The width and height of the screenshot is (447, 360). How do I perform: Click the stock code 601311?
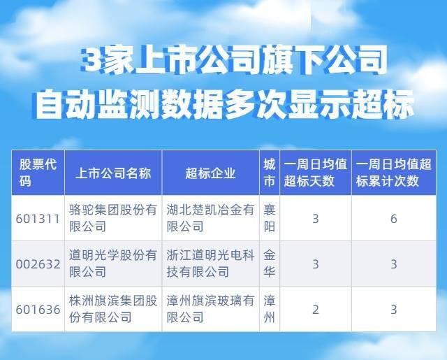pos(36,219)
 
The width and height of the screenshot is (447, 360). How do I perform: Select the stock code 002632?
pos(36,264)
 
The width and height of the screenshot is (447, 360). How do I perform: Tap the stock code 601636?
pos(36,309)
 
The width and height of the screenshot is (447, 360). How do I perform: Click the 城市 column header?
pos(269,173)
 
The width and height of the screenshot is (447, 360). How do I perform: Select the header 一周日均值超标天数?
pos(315,173)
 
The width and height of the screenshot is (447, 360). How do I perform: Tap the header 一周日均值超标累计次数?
pos(393,173)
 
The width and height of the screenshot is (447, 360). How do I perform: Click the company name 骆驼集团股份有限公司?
pos(112,219)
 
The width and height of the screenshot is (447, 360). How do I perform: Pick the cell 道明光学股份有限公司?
pos(112,264)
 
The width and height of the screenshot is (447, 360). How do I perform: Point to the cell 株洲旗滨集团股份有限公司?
pos(112,309)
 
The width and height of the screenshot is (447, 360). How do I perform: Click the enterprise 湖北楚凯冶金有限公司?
pos(210,219)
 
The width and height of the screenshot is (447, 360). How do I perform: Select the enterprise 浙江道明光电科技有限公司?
pos(210,264)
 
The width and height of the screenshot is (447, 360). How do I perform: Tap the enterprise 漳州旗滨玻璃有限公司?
pos(210,309)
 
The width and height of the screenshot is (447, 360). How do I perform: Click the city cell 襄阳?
pos(269,219)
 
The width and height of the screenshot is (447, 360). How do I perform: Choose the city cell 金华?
pos(269,264)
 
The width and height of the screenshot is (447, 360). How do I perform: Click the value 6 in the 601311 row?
pos(393,219)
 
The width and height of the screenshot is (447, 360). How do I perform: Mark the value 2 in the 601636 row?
pos(315,309)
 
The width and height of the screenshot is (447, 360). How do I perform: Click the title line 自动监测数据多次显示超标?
pos(223,107)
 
